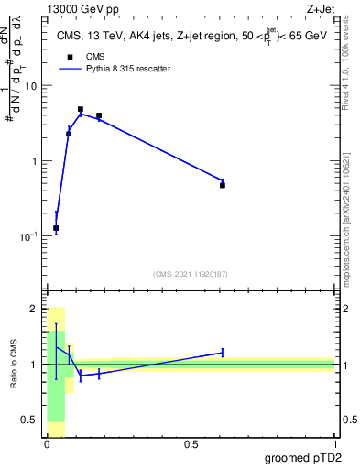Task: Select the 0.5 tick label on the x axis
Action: pyautogui.click(x=191, y=444)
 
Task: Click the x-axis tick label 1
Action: pyautogui.click(x=334, y=444)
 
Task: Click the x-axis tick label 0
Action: pyautogui.click(x=47, y=444)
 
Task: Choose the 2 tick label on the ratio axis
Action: pyautogui.click(x=35, y=309)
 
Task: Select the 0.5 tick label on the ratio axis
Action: pyautogui.click(x=31, y=420)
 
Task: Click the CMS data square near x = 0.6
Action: pyautogui.click(x=223, y=185)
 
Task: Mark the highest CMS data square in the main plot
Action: pyautogui.click(x=81, y=109)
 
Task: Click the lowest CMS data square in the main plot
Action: pyautogui.click(x=56, y=228)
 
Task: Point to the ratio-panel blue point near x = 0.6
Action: pyautogui.click(x=223, y=352)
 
